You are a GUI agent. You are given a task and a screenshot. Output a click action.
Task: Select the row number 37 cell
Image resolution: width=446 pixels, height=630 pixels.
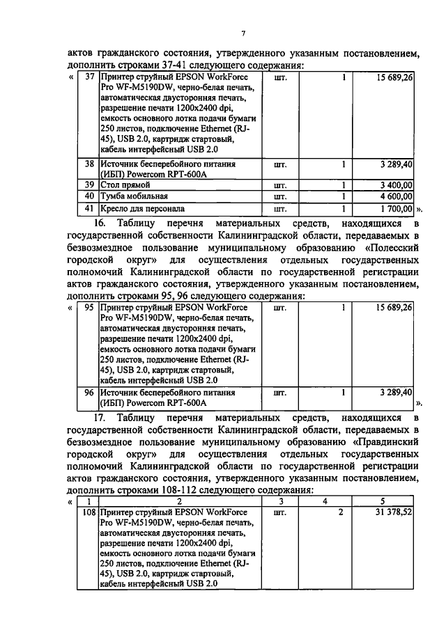(x=89, y=77)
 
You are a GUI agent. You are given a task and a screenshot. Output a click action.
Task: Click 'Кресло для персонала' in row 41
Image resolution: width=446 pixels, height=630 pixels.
(x=142, y=207)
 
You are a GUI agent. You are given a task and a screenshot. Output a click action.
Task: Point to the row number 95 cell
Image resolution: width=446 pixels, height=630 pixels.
(x=89, y=306)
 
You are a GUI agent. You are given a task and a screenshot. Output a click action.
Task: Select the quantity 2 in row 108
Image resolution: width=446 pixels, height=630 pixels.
(x=341, y=512)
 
